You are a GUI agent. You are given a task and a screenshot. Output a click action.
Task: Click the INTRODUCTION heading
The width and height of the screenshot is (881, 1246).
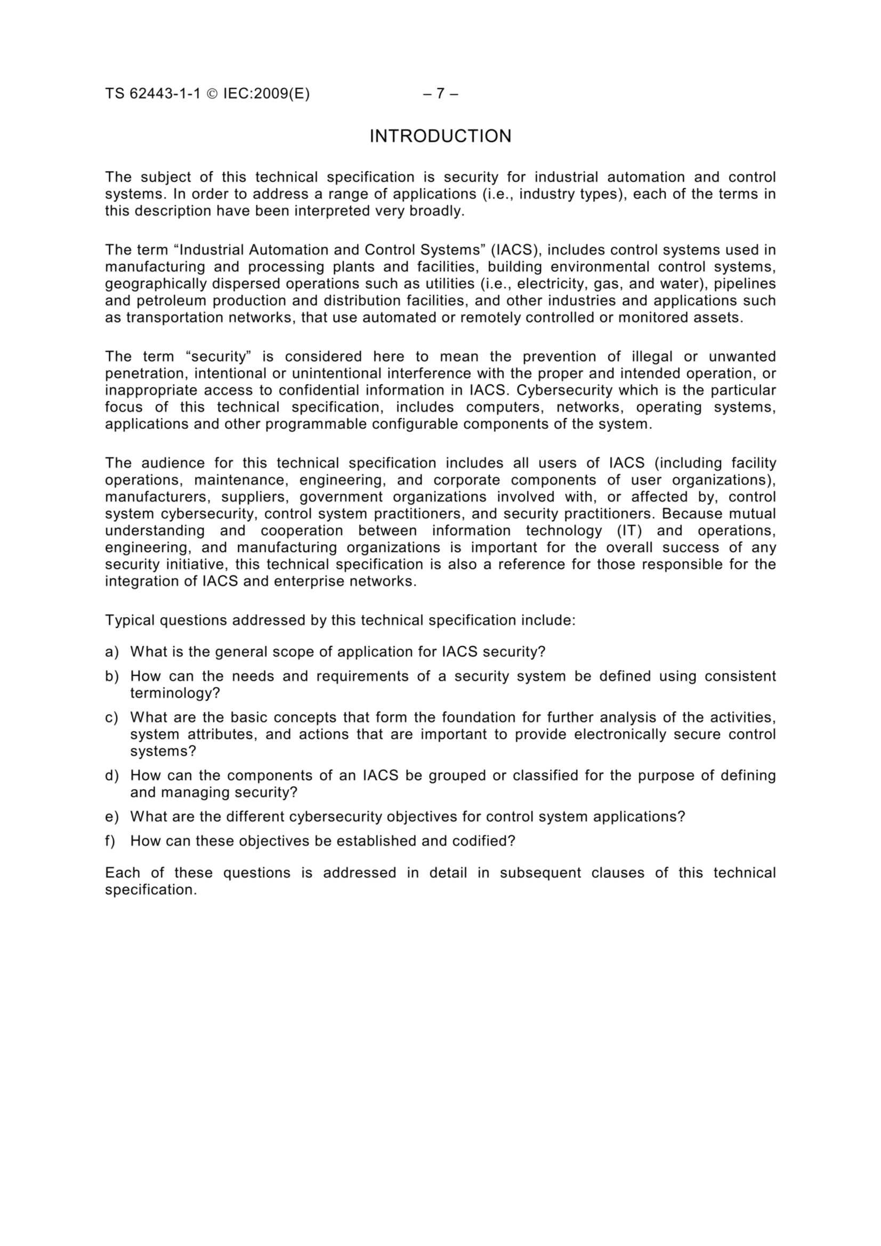click(x=440, y=136)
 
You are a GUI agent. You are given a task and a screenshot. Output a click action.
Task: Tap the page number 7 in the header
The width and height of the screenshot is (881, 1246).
click(x=440, y=94)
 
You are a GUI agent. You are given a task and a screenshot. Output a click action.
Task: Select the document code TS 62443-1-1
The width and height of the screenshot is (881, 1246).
click(x=152, y=94)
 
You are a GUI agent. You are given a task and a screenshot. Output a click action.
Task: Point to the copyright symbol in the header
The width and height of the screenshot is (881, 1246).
click(x=212, y=94)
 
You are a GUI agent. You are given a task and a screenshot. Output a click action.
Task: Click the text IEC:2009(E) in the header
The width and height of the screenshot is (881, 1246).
click(x=266, y=94)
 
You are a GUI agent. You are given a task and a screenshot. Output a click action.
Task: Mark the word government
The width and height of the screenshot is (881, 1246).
click(x=342, y=497)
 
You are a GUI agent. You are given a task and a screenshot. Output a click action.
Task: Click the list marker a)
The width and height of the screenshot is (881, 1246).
click(x=111, y=651)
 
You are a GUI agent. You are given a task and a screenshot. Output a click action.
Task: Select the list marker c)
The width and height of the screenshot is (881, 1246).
click(x=111, y=717)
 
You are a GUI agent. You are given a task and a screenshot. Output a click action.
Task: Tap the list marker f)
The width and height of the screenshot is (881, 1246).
click(x=110, y=840)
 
